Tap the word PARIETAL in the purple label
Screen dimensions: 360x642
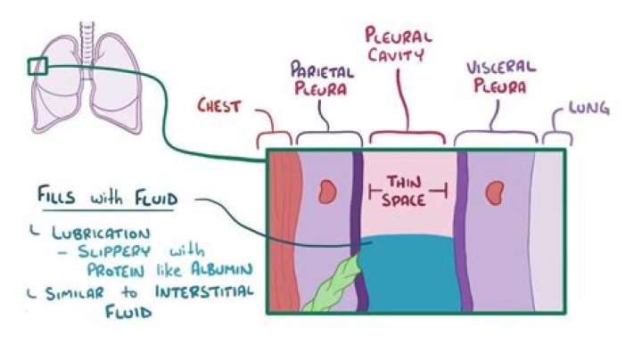318,70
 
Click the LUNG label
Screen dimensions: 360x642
588,110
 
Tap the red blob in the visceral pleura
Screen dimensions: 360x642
491,191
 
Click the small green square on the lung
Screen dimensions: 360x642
37,66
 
